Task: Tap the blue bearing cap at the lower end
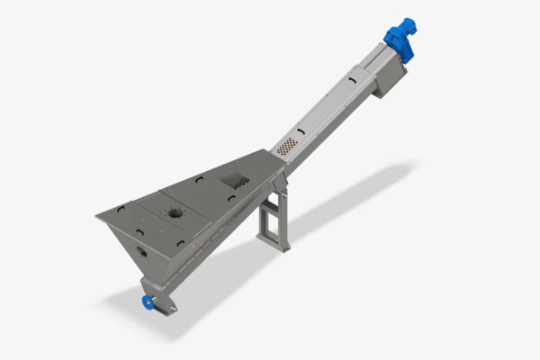tap(146, 301)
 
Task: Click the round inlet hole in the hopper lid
tap(172, 214)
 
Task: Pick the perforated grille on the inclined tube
tap(287, 145)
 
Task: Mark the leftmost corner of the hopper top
tap(98, 217)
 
